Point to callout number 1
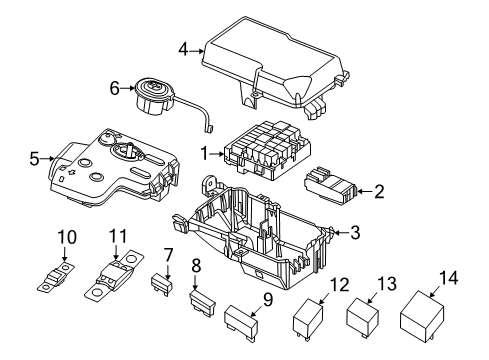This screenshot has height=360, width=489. tap(206, 154)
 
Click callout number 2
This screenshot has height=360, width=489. tap(378, 189)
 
